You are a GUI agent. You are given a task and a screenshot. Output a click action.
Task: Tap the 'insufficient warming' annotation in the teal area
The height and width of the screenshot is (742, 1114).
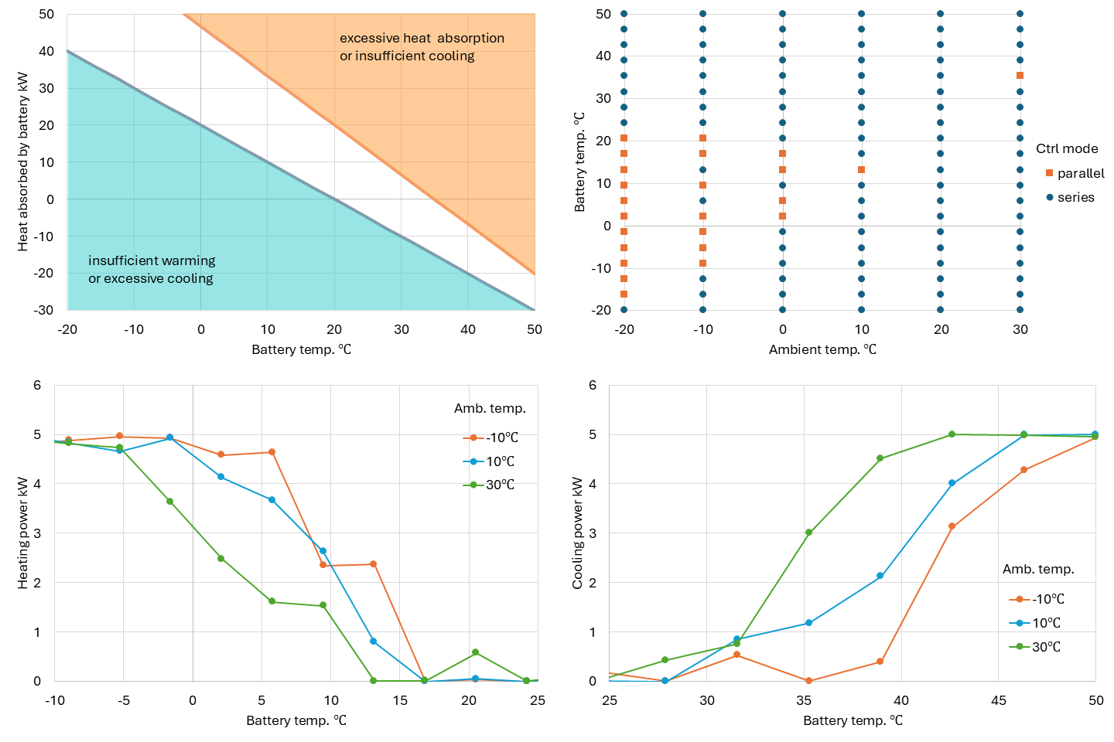pyautogui.click(x=152, y=260)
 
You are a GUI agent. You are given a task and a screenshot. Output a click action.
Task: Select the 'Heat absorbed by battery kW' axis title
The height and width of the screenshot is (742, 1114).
pyautogui.click(x=22, y=162)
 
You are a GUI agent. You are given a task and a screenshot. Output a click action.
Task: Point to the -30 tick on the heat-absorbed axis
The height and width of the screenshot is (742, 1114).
pyautogui.click(x=43, y=310)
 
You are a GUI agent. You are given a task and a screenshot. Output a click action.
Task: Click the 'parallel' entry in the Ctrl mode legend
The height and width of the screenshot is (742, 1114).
pyautogui.click(x=1080, y=173)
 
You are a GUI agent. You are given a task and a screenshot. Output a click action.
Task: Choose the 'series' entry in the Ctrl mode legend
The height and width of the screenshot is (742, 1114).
pyautogui.click(x=1075, y=197)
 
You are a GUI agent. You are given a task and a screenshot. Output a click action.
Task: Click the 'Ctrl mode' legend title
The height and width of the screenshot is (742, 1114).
pyautogui.click(x=1067, y=148)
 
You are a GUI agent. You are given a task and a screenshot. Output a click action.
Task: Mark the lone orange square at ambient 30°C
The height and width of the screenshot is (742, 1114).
pyautogui.click(x=1020, y=76)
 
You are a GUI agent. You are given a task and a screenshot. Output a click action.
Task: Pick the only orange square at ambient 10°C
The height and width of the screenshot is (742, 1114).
pyautogui.click(x=861, y=169)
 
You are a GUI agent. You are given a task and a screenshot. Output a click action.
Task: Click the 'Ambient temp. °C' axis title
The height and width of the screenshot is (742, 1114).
pyautogui.click(x=822, y=349)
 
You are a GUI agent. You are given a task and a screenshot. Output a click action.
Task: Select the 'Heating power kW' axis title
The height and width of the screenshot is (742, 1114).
pyautogui.click(x=22, y=533)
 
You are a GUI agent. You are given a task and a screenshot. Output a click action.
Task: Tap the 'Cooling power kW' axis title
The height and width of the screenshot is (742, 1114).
pyautogui.click(x=577, y=533)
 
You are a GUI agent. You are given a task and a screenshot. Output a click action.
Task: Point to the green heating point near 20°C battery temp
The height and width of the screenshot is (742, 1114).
pyautogui.click(x=475, y=652)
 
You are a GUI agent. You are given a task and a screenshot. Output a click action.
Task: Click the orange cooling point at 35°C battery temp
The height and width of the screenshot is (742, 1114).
pyautogui.click(x=808, y=681)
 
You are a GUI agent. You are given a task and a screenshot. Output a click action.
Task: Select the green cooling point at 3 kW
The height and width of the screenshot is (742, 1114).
pyautogui.click(x=808, y=533)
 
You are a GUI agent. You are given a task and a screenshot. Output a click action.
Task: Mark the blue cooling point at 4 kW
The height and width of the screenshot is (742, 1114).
pyautogui.click(x=952, y=483)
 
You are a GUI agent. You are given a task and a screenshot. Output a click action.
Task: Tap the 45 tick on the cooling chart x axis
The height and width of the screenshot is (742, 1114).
pyautogui.click(x=999, y=700)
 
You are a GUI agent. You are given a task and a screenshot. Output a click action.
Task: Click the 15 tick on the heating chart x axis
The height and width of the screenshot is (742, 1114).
pyautogui.click(x=400, y=700)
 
